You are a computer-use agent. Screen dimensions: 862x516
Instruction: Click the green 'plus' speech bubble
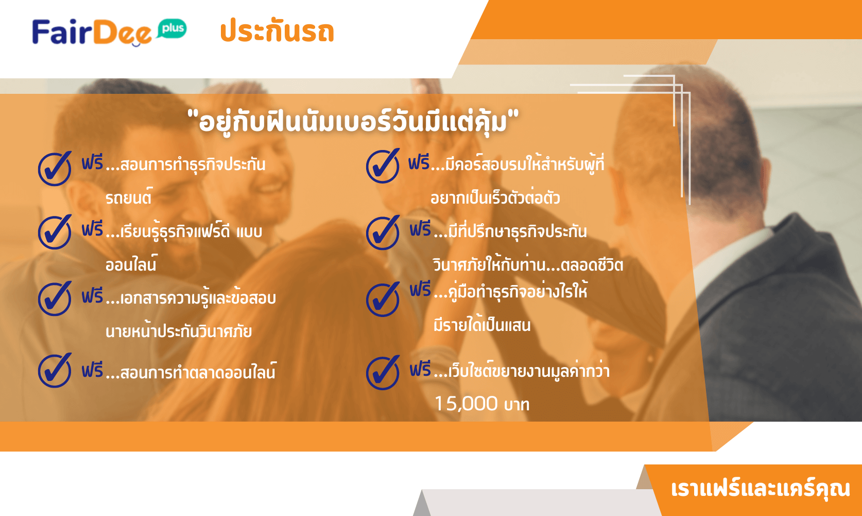point(172,29)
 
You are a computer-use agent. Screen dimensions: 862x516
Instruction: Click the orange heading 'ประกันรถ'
point(277,31)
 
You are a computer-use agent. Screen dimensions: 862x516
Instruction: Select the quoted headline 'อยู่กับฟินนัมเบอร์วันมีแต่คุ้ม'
point(353,121)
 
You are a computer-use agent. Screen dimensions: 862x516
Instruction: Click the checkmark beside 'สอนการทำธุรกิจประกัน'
point(55,169)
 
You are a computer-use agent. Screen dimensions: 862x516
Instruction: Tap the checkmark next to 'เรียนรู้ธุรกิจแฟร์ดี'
point(55,232)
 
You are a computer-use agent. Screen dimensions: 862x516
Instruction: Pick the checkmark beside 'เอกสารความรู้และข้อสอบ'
point(55,298)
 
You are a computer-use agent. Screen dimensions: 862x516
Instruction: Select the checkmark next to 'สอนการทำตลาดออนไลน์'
point(55,370)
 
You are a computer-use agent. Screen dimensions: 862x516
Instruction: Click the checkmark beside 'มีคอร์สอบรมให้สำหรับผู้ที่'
point(383,165)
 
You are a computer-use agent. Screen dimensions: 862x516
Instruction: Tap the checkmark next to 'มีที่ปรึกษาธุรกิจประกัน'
point(383,232)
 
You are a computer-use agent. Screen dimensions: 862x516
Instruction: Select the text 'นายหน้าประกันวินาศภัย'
point(179,330)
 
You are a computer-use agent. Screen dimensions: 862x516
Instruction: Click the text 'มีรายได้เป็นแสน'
point(482,324)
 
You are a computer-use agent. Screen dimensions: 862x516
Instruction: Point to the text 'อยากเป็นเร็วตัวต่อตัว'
point(495,197)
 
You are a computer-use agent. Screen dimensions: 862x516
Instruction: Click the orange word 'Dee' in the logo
point(123,32)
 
